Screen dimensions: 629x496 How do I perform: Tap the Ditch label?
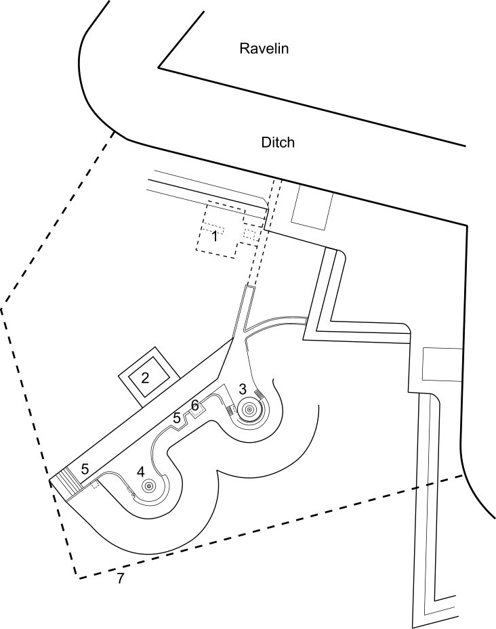pyautogui.click(x=278, y=143)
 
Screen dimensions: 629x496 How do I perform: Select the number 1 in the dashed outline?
pyautogui.click(x=214, y=236)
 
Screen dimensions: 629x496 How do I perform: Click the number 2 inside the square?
pyautogui.click(x=146, y=378)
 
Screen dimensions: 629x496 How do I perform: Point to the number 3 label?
pyautogui.click(x=243, y=389)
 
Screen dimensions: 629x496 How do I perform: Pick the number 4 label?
pyautogui.click(x=140, y=471)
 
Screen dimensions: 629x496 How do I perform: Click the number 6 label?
pyautogui.click(x=194, y=405)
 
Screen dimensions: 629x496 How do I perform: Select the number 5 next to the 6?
pyautogui.click(x=177, y=418)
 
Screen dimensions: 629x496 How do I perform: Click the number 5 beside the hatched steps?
pyautogui.click(x=85, y=468)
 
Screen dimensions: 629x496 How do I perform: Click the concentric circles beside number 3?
pyautogui.click(x=249, y=409)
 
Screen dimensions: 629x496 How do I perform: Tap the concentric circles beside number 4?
pyautogui.click(x=148, y=485)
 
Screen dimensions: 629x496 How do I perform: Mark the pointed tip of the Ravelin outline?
pyautogui.click(x=159, y=68)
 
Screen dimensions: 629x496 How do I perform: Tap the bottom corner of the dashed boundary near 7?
pyautogui.click(x=76, y=578)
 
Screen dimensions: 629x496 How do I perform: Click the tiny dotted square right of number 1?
pyautogui.click(x=250, y=235)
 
